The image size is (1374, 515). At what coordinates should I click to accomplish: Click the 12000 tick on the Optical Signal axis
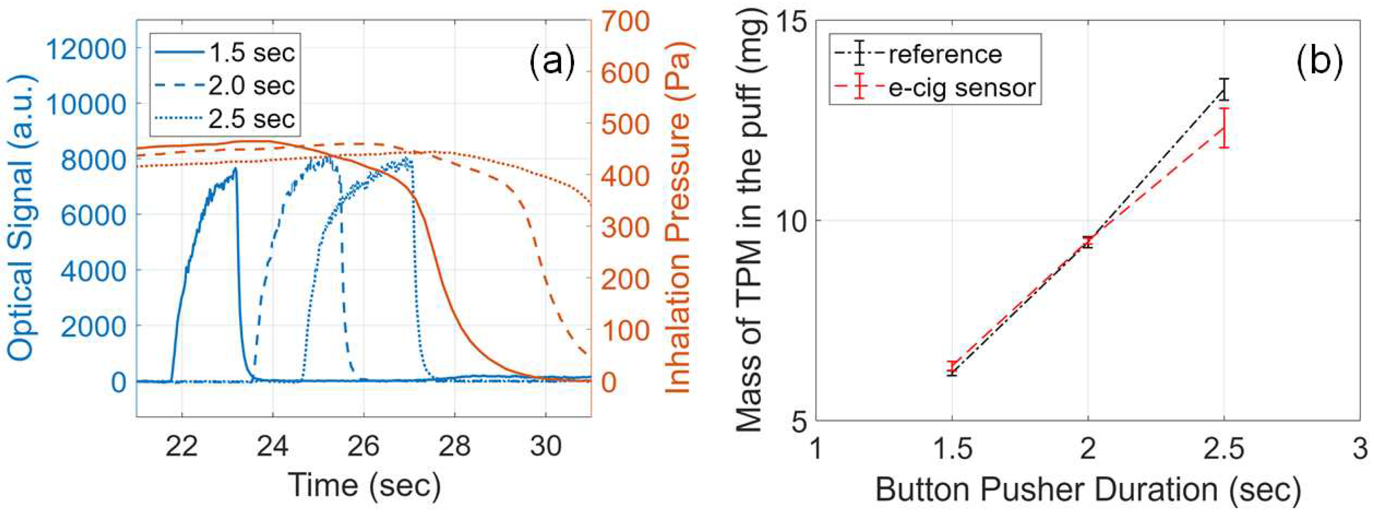point(86,50)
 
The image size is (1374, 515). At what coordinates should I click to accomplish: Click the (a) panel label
point(552,60)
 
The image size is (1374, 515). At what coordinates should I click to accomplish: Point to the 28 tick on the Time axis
point(454,446)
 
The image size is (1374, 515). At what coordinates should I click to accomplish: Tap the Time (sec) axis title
point(364,485)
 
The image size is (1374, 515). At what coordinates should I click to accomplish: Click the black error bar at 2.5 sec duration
point(1225,89)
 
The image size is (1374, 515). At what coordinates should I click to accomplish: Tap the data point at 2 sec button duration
point(1088,242)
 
